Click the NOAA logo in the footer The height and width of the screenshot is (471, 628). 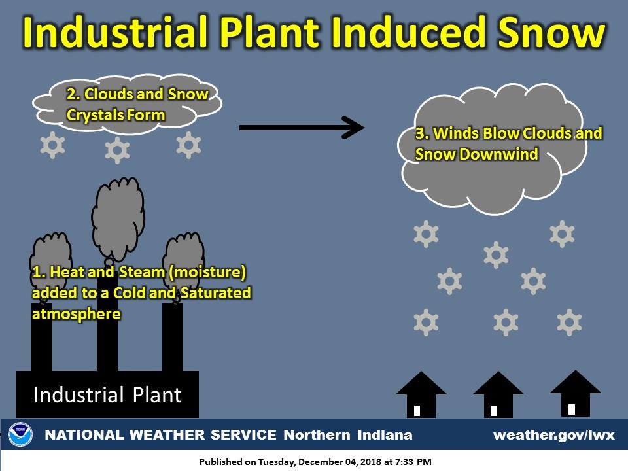[x=20, y=434]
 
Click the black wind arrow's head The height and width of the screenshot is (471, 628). [x=355, y=128]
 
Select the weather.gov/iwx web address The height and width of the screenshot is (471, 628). [x=554, y=435]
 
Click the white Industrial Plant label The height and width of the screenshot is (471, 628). [x=108, y=395]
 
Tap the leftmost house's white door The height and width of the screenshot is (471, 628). [x=417, y=411]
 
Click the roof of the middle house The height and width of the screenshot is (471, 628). [x=498, y=384]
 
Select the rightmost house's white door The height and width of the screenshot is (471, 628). [x=572, y=410]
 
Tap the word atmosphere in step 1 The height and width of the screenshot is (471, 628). [x=76, y=314]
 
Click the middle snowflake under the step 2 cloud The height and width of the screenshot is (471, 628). [x=117, y=150]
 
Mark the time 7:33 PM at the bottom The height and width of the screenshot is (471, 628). [x=413, y=462]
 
